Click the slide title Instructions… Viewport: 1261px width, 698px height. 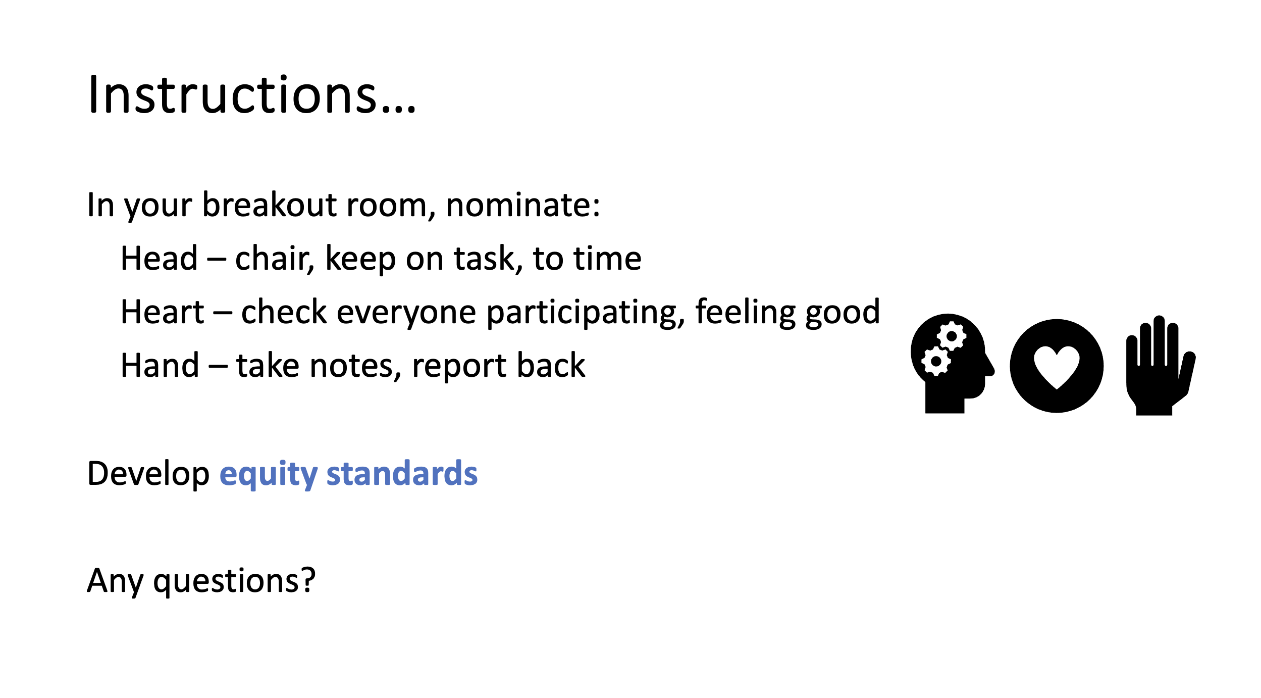click(x=252, y=94)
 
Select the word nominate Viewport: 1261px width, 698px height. click(x=523, y=205)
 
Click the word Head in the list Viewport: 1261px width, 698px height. click(x=159, y=259)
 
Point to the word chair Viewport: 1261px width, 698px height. click(x=275, y=259)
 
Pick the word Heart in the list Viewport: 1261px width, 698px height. click(x=163, y=312)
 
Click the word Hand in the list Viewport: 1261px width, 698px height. click(x=160, y=366)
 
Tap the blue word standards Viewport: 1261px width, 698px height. click(x=402, y=474)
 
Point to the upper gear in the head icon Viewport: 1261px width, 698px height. click(x=952, y=336)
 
